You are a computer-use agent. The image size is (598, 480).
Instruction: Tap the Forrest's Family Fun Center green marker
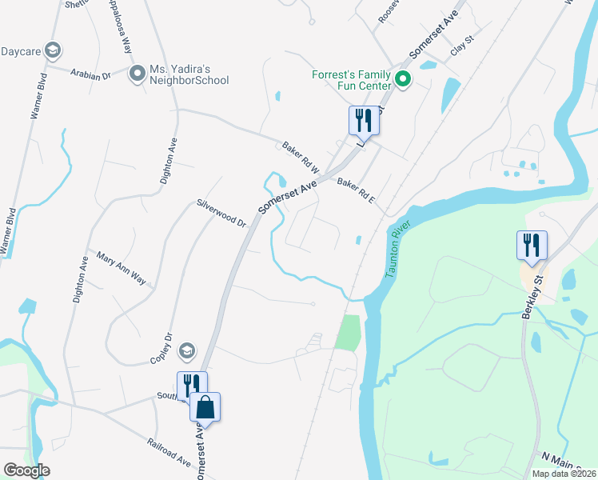point(403,79)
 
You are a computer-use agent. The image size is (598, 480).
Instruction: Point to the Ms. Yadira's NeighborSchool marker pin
point(137,74)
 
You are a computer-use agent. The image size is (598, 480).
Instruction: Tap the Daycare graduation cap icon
point(53,52)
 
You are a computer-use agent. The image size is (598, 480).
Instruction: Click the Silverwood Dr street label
point(221,213)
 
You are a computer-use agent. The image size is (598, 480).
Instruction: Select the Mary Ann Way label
point(121,269)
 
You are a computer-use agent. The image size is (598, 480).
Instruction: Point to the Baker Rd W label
point(300,158)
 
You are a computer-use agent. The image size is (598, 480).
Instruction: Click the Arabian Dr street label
point(90,75)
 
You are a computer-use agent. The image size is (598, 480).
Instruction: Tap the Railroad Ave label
point(168,452)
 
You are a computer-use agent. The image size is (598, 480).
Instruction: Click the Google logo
point(27,470)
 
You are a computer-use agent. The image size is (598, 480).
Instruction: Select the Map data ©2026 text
point(564,474)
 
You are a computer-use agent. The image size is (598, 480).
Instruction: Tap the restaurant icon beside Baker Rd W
point(364,120)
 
